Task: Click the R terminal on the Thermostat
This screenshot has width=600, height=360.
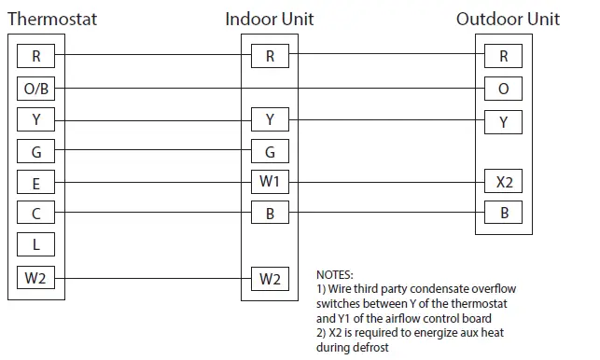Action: tap(36, 56)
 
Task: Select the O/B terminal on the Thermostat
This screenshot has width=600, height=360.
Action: tap(36, 89)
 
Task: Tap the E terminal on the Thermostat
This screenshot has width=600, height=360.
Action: tap(36, 182)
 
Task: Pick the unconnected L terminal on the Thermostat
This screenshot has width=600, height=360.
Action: tap(36, 245)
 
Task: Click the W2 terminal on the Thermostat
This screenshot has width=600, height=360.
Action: tap(36, 277)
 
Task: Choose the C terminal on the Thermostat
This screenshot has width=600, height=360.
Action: tap(36, 214)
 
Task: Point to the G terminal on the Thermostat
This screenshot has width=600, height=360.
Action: tap(36, 151)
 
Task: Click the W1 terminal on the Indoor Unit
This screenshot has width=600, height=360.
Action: tap(270, 182)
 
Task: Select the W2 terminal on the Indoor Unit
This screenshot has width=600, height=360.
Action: tap(270, 277)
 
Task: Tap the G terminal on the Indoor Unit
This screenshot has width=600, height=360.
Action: tap(270, 151)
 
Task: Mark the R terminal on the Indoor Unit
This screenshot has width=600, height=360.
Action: tap(270, 56)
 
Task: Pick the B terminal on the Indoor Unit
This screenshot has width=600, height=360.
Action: tap(270, 214)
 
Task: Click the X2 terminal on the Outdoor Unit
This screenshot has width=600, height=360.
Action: tap(504, 182)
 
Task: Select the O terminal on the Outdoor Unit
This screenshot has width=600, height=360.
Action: tap(504, 89)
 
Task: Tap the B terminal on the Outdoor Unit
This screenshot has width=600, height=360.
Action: tap(504, 214)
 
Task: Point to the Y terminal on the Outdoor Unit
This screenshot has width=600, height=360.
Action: tap(504, 119)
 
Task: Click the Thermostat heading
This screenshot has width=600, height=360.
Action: tap(51, 19)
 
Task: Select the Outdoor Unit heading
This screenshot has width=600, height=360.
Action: tap(508, 19)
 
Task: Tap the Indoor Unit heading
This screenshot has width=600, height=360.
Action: tap(270, 19)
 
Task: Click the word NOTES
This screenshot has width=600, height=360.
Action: tap(335, 275)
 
